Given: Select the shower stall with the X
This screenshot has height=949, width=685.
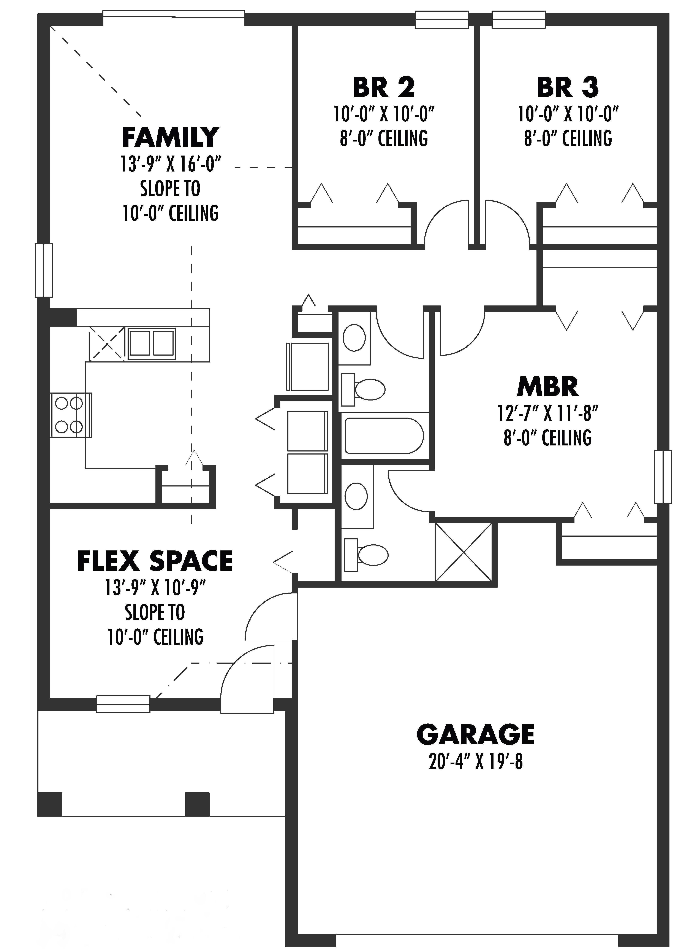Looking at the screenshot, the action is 463,552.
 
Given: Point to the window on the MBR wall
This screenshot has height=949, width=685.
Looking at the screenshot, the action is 663,477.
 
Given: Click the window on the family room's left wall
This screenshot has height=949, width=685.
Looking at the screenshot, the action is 44,270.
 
